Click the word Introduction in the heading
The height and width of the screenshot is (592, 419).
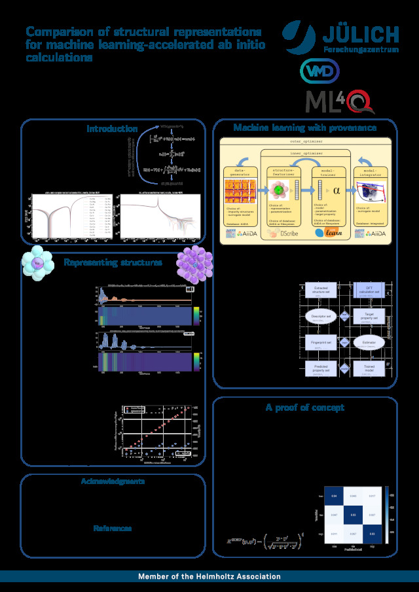(112, 129)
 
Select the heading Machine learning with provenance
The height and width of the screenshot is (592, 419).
(305, 128)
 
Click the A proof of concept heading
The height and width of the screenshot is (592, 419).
(304, 407)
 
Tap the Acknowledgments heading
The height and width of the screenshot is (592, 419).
(113, 481)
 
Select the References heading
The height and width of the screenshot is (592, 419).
(113, 528)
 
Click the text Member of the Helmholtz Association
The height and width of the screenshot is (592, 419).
(209, 576)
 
